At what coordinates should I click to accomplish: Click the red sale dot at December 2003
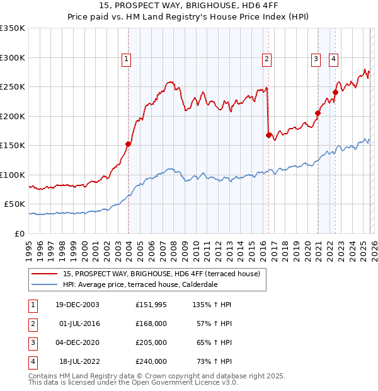(x=129, y=144)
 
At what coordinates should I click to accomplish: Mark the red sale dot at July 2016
(x=269, y=135)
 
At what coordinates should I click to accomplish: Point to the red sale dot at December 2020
(x=318, y=114)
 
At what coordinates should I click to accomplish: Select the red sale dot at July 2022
(x=336, y=93)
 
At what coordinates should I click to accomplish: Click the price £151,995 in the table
(x=151, y=305)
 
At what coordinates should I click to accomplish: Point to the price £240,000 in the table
(x=151, y=361)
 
